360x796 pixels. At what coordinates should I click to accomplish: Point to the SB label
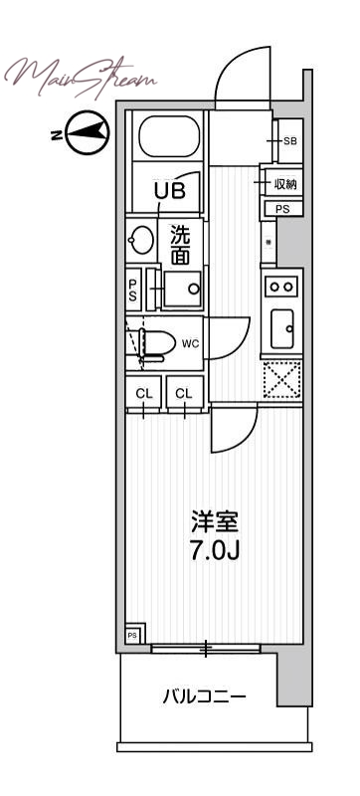coord(290,141)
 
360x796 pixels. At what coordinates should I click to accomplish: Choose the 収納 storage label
coord(286,185)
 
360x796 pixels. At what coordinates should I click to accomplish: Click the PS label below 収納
coord(283,209)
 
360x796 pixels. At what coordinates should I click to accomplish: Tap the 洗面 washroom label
coord(180,246)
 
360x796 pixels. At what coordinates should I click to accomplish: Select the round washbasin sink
coord(141,241)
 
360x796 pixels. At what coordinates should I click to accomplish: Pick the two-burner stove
coord(280,286)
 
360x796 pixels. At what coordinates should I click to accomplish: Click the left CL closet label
coord(144,393)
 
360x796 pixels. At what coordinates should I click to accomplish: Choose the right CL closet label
coord(184,393)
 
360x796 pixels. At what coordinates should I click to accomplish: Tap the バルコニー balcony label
coord(204,696)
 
